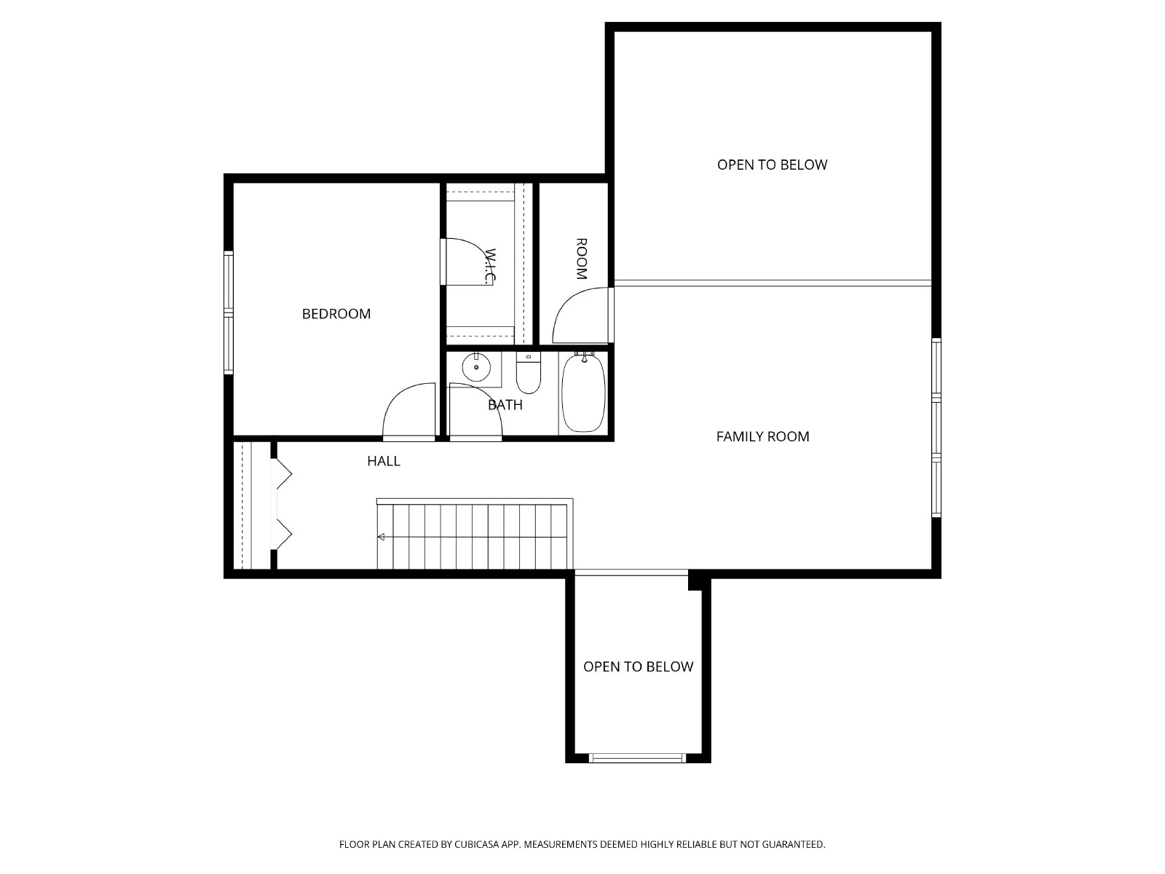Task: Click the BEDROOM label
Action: pyautogui.click(x=336, y=314)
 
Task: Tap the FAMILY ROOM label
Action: pyautogui.click(x=762, y=436)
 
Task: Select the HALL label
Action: pyautogui.click(x=383, y=461)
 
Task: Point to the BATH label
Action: pyautogui.click(x=505, y=405)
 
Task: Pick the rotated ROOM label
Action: pyautogui.click(x=581, y=259)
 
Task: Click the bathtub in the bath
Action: pyautogui.click(x=583, y=393)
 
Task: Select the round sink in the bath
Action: pyautogui.click(x=476, y=366)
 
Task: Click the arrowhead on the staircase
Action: pyautogui.click(x=381, y=537)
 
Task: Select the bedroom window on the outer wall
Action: pyautogui.click(x=228, y=312)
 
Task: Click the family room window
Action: pyautogui.click(x=936, y=428)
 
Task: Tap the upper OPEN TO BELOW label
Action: pyautogui.click(x=772, y=165)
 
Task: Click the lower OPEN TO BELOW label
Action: pyautogui.click(x=638, y=666)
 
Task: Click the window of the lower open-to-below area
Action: pyautogui.click(x=637, y=758)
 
